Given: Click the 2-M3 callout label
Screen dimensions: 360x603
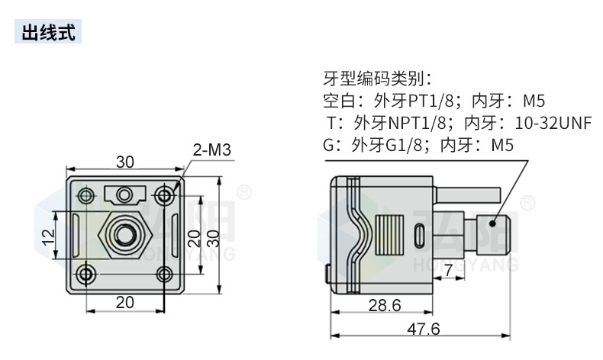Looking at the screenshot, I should coord(211,150).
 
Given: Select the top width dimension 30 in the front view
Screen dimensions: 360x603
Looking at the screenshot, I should coord(125,162).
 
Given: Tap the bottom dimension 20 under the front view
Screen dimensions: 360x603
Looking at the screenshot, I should coord(125,302).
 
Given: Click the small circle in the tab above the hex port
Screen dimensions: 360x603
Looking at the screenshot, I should coord(126,194).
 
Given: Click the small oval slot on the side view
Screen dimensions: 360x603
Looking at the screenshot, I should coord(419,236).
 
